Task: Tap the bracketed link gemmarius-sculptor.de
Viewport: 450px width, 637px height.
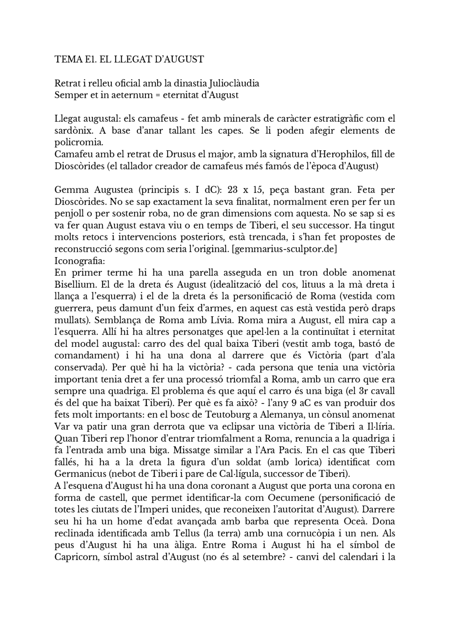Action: point(284,249)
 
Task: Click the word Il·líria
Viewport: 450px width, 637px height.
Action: point(380,427)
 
